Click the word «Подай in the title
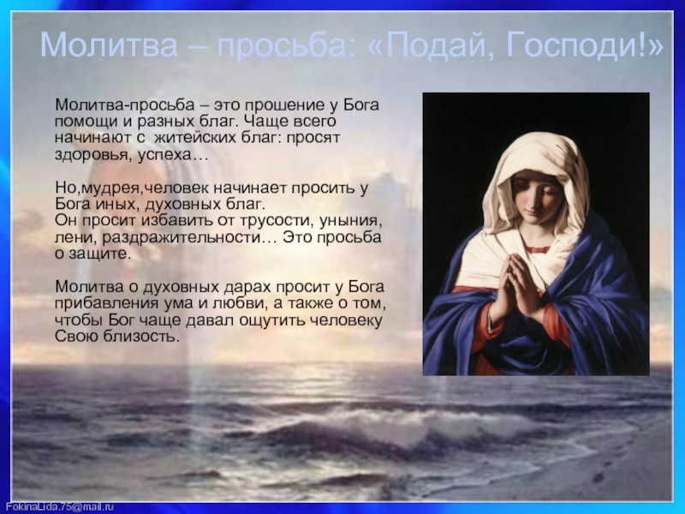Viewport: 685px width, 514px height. point(433,45)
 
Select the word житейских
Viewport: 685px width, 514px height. point(196,138)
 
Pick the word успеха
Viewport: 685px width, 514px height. point(164,156)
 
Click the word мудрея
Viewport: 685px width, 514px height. point(110,188)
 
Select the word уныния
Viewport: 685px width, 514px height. point(350,221)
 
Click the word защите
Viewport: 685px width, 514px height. point(99,254)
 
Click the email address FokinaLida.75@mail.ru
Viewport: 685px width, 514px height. point(59,506)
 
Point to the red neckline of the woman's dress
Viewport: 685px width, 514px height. point(537,249)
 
